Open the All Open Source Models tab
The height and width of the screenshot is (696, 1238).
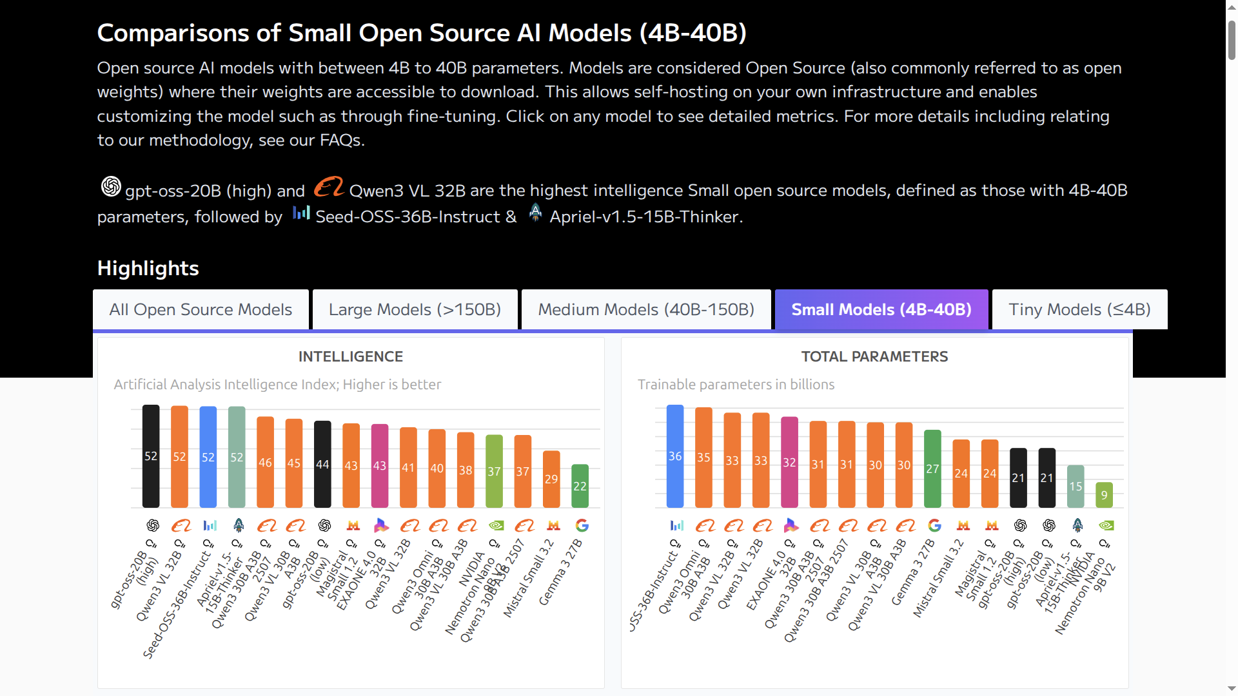(201, 310)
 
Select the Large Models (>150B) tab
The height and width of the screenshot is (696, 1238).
(415, 310)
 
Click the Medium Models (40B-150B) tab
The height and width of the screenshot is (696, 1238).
(646, 310)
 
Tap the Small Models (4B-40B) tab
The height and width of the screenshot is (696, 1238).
(881, 310)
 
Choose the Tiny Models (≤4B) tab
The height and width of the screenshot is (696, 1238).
(1079, 310)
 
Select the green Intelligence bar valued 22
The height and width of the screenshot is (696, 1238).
(580, 486)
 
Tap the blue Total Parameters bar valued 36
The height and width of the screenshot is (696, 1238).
(675, 456)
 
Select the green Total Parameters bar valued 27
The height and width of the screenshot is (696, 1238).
(932, 469)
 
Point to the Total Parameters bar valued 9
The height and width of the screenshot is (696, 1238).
(1105, 494)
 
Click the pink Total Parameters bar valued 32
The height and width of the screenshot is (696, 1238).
(789, 462)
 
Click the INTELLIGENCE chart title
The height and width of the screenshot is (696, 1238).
(351, 357)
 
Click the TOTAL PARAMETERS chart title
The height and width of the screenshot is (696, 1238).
(874, 357)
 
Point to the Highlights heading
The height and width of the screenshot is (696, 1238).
(148, 268)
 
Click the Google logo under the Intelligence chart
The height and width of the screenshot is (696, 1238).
(582, 526)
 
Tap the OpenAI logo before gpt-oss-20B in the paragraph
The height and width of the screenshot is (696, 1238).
(111, 187)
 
